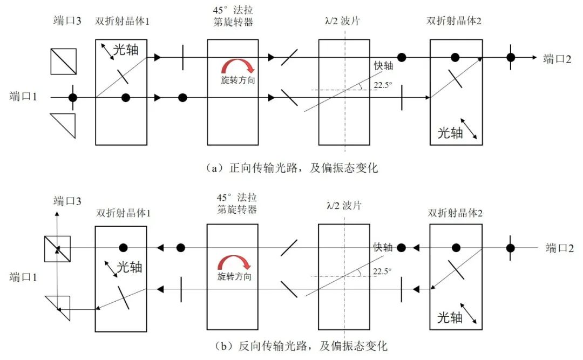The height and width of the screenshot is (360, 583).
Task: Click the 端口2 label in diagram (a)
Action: (x=558, y=58)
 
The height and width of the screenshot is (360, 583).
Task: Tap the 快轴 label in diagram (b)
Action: (x=382, y=247)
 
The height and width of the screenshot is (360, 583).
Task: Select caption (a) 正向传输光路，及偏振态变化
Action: (x=292, y=168)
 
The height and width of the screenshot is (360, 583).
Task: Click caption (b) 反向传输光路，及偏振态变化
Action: (x=292, y=345)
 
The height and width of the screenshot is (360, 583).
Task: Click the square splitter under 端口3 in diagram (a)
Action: (x=63, y=62)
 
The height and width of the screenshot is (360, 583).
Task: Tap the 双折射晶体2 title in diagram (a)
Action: (x=455, y=22)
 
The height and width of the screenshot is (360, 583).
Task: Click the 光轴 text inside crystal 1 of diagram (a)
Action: (x=127, y=51)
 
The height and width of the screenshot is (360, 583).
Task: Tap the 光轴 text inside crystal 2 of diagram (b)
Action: (x=450, y=317)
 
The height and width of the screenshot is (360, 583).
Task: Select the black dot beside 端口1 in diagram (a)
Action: (x=72, y=98)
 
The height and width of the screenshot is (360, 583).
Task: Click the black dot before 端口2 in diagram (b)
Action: (x=509, y=248)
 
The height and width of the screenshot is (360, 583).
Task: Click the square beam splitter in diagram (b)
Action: (x=57, y=248)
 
